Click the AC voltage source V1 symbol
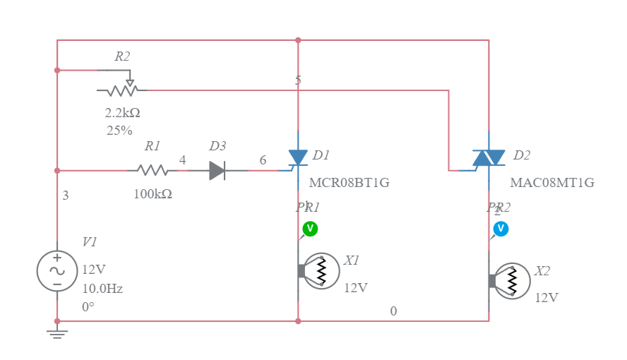point(57,271)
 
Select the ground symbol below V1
point(57,331)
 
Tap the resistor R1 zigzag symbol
point(153,170)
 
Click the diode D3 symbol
point(217,170)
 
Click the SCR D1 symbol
point(297,158)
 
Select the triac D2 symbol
point(489,158)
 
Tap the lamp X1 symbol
point(320,271)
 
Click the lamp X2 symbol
point(510,281)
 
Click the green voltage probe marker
point(309,229)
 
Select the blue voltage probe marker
point(500,229)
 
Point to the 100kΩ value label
point(153,194)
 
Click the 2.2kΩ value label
point(122,113)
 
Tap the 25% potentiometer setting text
point(119,131)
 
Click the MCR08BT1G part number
point(349,183)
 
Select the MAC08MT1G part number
point(551,183)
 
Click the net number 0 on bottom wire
point(393,311)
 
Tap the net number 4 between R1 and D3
point(183,160)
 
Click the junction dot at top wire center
point(298,40)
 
